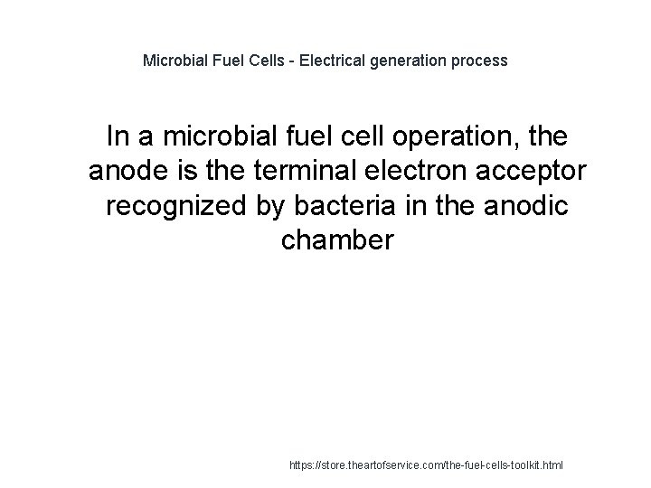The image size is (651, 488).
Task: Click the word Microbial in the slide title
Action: [175, 61]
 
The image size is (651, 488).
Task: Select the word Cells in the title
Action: [256, 61]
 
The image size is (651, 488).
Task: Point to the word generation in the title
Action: [407, 61]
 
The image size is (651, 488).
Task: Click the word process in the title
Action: [480, 61]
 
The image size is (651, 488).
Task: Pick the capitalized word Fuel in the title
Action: [223, 61]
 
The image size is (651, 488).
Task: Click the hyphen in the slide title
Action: [282, 61]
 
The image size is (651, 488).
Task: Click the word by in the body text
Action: [268, 205]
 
